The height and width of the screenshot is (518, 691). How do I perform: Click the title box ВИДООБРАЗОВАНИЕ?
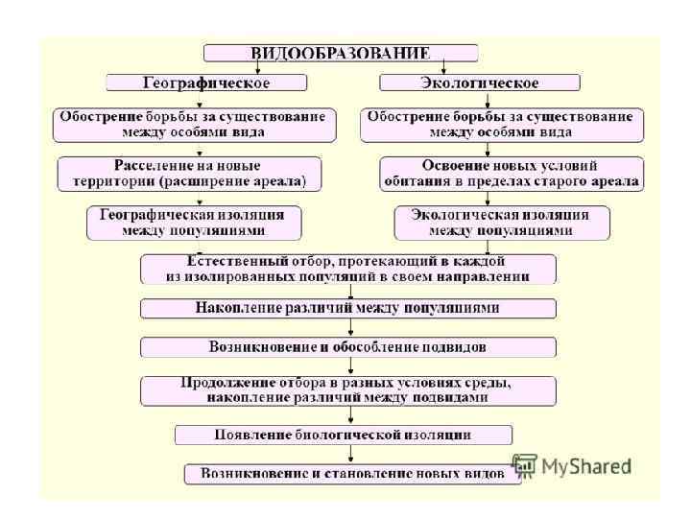tap(340, 53)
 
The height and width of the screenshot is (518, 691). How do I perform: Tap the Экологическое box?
tap(480, 82)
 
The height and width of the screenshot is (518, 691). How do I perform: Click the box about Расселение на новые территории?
tap(188, 173)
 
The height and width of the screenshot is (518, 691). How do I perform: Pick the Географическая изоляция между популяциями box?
tap(194, 223)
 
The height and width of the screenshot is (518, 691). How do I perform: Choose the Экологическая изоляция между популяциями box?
tap(501, 223)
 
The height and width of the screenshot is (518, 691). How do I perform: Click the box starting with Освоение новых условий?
tap(511, 173)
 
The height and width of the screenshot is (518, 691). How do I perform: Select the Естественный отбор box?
tap(347, 269)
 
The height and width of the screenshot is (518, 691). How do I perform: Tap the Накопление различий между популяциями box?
tap(347, 309)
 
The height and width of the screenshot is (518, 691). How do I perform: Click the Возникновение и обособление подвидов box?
tap(347, 346)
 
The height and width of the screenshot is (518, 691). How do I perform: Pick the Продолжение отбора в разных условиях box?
tap(347, 389)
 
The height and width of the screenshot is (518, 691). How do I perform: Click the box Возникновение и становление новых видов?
tap(352, 474)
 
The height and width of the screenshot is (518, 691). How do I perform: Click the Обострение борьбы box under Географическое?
tap(194, 124)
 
